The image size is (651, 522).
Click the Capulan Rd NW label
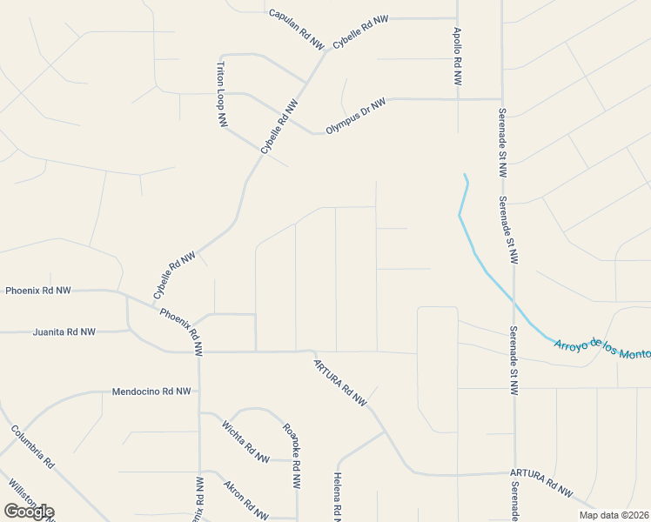click(296, 27)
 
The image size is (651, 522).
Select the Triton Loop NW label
click(222, 96)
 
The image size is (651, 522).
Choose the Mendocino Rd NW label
click(151, 391)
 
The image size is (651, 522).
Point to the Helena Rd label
click(338, 496)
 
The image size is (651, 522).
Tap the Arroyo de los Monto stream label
click(601, 346)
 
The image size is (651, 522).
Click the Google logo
click(29, 512)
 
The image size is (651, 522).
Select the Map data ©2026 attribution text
click(614, 515)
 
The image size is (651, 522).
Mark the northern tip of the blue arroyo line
click(465, 175)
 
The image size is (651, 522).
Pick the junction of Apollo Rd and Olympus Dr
click(458, 99)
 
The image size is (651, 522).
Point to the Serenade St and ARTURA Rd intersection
click(513, 472)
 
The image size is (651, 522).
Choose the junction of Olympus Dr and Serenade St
click(501, 99)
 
